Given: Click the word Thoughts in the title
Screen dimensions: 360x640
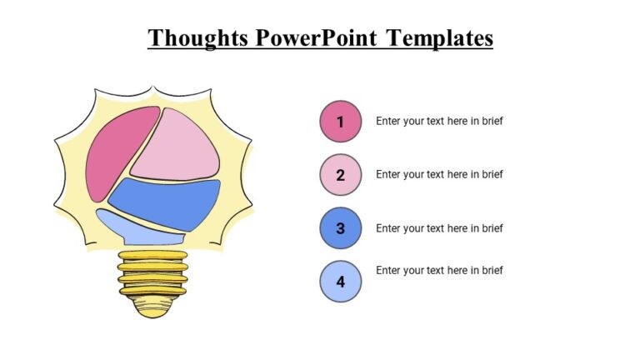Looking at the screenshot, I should click(198, 38).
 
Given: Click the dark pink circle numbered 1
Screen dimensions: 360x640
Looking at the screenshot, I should click(340, 122).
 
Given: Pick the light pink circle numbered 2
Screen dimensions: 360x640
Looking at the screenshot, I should click(340, 175).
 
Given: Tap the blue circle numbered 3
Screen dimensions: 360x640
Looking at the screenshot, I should click(340, 228).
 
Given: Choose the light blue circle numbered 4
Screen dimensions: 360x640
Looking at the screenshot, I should click(340, 282).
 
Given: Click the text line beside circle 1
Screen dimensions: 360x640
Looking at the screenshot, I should click(439, 121).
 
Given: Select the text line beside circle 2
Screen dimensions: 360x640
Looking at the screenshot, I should click(439, 174).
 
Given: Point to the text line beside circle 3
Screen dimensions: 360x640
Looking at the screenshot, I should click(439, 228).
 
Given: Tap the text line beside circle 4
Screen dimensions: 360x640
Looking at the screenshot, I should click(439, 270).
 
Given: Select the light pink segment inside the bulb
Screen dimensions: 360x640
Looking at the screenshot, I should click(177, 146).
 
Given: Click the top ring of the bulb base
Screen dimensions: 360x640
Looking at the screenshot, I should click(152, 255).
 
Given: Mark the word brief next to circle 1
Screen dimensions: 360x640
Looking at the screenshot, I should click(492, 121).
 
